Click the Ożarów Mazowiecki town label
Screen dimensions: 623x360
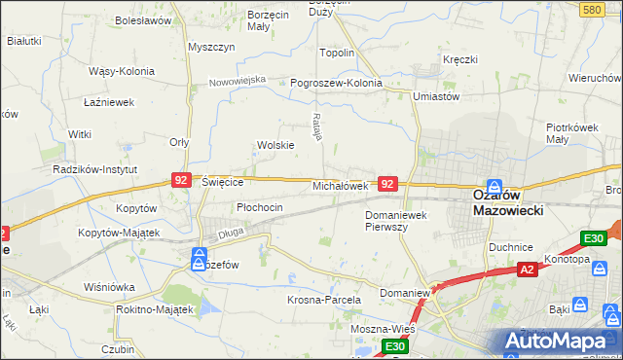[x=505, y=201]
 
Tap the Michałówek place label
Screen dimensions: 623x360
[x=339, y=186]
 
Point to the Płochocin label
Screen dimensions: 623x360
[x=260, y=207]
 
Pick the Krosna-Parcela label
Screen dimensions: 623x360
[x=324, y=301]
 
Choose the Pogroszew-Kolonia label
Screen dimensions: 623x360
[x=336, y=83]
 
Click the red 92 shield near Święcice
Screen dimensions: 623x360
[x=180, y=180]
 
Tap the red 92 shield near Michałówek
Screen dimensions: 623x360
[x=388, y=183]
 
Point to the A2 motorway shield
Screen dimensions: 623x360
[x=527, y=270]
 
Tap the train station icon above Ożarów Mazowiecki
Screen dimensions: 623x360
[x=494, y=185]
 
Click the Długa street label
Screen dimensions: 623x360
[x=231, y=233]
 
